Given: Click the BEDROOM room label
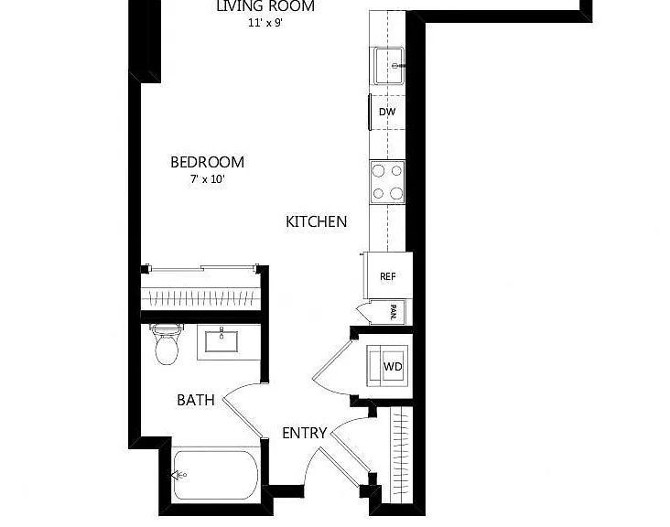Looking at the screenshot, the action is (x=207, y=162).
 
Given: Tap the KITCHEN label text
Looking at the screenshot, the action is (x=316, y=221).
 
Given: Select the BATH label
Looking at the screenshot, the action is (x=196, y=400).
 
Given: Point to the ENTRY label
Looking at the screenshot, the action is (x=304, y=433).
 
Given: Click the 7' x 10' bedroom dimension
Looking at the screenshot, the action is (x=208, y=179).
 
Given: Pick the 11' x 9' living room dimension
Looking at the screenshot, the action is (x=265, y=23).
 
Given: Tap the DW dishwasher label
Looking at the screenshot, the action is (x=387, y=112).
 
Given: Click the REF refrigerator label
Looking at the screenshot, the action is (x=387, y=276).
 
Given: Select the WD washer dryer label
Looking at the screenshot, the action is (x=393, y=366).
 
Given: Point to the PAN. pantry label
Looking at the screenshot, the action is (x=393, y=312).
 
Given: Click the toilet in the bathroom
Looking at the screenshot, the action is (x=167, y=344).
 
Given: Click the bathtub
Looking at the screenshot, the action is (x=216, y=475).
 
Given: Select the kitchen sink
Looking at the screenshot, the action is (x=389, y=66).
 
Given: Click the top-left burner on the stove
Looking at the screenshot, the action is (x=378, y=171).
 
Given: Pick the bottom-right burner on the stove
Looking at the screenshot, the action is (x=396, y=193).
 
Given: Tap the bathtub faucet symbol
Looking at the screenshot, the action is (x=178, y=475).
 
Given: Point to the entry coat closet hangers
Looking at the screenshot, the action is (x=400, y=455).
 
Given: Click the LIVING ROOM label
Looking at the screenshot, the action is (x=265, y=6).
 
